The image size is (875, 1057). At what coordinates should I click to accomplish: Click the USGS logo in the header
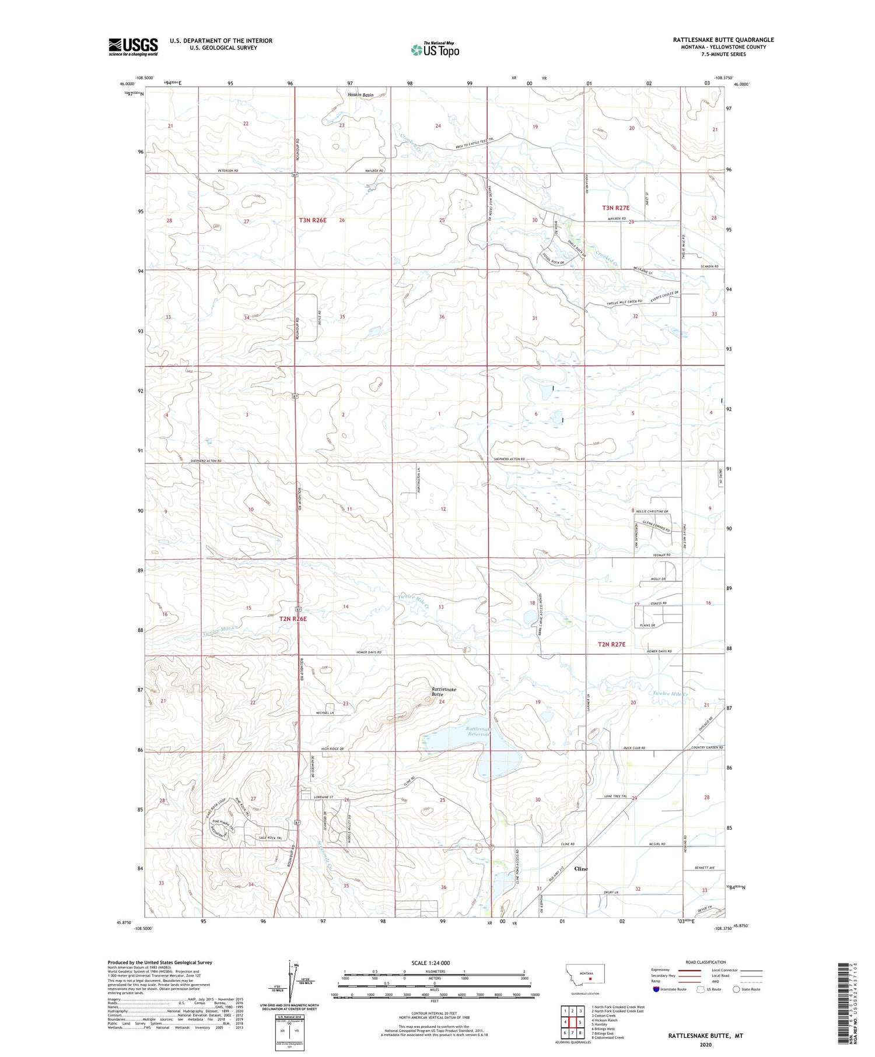click(x=133, y=47)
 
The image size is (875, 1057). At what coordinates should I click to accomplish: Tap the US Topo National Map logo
click(x=435, y=50)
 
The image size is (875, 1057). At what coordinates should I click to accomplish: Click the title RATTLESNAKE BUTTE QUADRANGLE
click(x=723, y=40)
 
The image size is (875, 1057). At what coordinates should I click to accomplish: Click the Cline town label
click(x=581, y=868)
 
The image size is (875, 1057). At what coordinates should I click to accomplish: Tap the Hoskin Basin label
click(x=360, y=94)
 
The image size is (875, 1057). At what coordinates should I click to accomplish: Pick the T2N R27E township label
click(x=611, y=644)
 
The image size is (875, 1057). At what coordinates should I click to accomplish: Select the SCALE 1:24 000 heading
click(x=430, y=963)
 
